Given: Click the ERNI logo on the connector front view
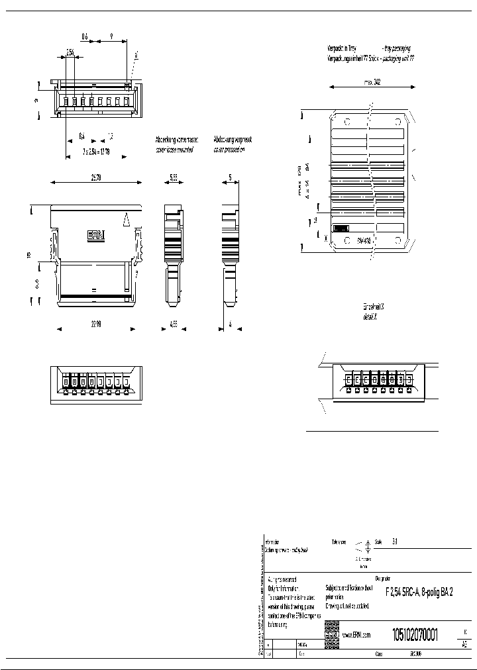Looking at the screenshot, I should coord(96,234).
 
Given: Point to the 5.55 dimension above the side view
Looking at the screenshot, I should coord(173,178).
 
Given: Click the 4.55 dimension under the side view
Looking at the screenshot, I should coord(173,325).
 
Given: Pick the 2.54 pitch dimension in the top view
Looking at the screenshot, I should coord(70,51).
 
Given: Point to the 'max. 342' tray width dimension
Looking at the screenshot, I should coord(372,83).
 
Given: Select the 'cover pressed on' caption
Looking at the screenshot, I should coord(229,150).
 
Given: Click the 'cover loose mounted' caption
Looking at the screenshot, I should coord(176,150).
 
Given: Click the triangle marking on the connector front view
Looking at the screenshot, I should coord(126,218).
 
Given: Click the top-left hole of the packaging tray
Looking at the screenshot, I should coord(346,122).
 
